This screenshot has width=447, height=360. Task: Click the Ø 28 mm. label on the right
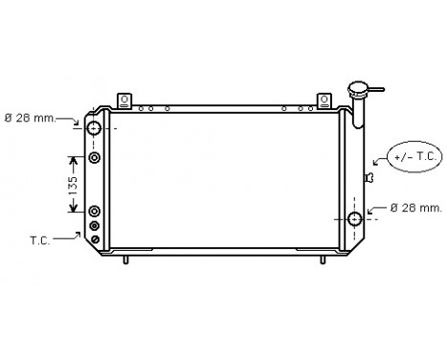tap(415, 208)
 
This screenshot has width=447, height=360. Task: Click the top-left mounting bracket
tap(124, 100)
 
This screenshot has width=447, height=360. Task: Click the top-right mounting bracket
tap(324, 100)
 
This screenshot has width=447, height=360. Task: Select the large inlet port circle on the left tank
tap(95, 128)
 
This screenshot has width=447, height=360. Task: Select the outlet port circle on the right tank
tap(355, 219)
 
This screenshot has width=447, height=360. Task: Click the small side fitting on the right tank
tap(369, 178)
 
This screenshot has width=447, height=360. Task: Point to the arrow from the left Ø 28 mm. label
tap(77, 121)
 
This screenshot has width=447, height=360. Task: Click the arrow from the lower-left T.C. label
tap(78, 233)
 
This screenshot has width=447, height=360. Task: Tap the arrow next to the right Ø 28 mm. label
tap(377, 212)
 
